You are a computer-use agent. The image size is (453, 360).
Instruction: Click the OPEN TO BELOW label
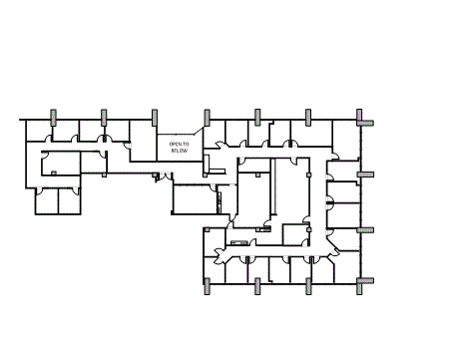[x=179, y=147]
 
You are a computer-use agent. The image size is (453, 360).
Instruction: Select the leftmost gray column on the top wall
[x=52, y=115]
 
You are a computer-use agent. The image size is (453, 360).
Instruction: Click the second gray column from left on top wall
[x=103, y=115]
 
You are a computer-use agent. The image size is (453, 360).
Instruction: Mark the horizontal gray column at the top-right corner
[x=365, y=123]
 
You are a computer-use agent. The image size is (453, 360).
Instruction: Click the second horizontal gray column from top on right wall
[x=365, y=174]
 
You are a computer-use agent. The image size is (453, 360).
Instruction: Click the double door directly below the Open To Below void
[x=161, y=178]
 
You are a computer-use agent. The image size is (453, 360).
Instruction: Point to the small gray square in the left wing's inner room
[x=53, y=173]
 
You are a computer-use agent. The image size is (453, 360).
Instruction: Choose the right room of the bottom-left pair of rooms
[x=70, y=200]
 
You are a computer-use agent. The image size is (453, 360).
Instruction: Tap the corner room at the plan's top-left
[x=37, y=131]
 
